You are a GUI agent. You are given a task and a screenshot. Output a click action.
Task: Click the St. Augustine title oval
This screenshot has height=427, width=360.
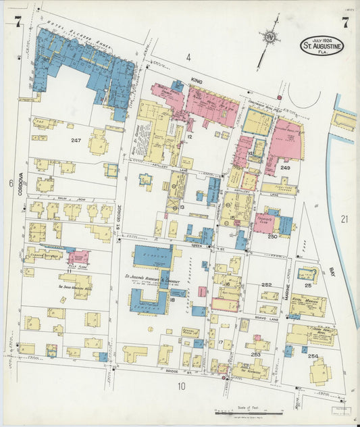coord(322,47)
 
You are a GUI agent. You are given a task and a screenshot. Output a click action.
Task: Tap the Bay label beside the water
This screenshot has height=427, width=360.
coord(332,272)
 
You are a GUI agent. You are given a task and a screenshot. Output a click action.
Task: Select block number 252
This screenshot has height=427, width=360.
coord(267,285)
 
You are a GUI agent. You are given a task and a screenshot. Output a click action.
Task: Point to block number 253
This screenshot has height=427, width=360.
coord(256,354)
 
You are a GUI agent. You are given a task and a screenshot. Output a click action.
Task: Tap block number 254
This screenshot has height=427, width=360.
coord(312,355)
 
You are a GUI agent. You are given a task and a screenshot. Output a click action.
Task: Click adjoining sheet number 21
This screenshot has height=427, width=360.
coord(344,218)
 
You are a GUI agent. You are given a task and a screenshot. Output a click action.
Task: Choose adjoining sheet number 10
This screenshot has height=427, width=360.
coord(180,386)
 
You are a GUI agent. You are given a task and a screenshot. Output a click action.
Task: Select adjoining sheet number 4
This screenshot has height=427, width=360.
coord(188,57)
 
